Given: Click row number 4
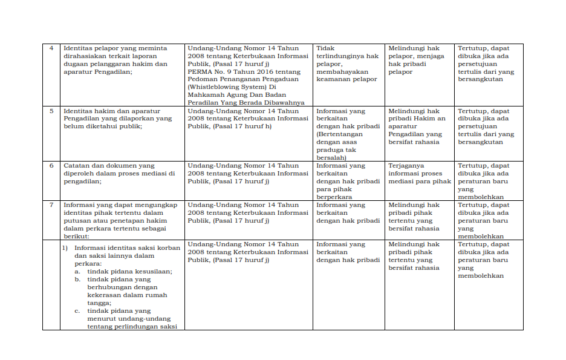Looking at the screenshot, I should coord(51,48).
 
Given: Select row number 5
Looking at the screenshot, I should coord(51,111).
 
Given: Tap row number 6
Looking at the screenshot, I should coord(51,166).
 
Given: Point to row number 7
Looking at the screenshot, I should coord(51,205).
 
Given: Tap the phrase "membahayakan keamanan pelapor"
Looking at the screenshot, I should coord(346,76).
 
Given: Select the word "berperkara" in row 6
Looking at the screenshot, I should coord(334,197).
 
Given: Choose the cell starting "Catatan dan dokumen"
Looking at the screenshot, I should coord(121,174).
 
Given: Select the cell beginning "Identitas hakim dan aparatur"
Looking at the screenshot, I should coord(121,119).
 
